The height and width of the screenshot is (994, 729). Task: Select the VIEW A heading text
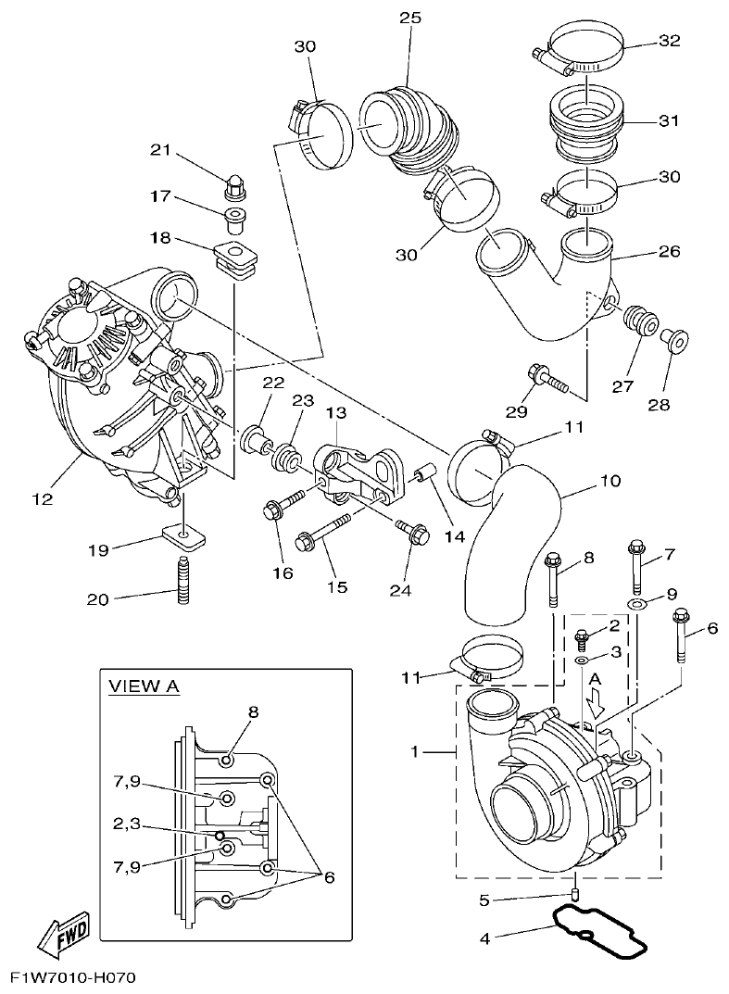(x=145, y=686)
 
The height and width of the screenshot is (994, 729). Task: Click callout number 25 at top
(x=409, y=18)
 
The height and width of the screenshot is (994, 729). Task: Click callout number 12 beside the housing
(x=42, y=498)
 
